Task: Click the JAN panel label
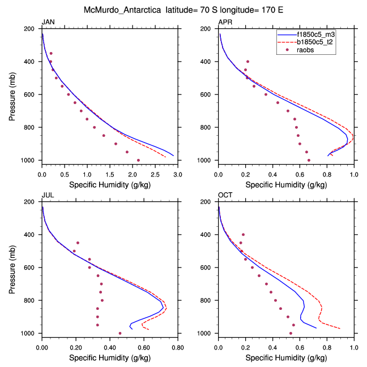(x=48, y=22)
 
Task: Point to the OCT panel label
(x=225, y=195)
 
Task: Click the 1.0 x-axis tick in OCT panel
(x=354, y=342)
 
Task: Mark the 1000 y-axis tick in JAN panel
(x=31, y=161)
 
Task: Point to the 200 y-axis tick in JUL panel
(x=32, y=202)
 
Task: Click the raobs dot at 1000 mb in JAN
(x=138, y=161)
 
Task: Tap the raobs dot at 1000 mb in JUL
(x=120, y=333)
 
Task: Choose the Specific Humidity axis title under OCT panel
(x=286, y=358)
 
